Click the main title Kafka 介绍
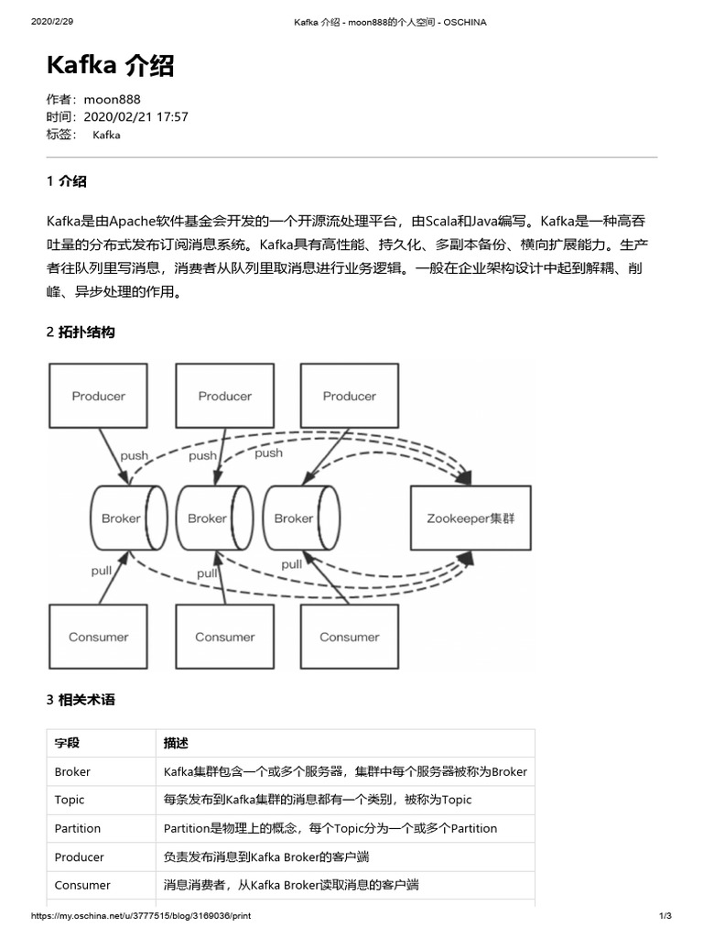point(110,66)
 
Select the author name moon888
point(112,99)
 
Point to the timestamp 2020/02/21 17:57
point(135,116)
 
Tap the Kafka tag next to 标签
point(106,135)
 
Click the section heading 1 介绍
point(67,181)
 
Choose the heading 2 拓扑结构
point(81,333)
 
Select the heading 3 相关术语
point(81,700)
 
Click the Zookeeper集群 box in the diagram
point(470,518)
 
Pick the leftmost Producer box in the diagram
point(98,396)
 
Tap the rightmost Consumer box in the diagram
point(349,637)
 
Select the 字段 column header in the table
point(67,743)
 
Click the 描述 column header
point(176,743)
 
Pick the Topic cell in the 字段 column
point(70,800)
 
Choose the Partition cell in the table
point(78,828)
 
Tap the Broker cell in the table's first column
point(72,771)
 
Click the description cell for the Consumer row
point(290,885)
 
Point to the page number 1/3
point(665,916)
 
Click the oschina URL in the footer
point(141,916)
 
